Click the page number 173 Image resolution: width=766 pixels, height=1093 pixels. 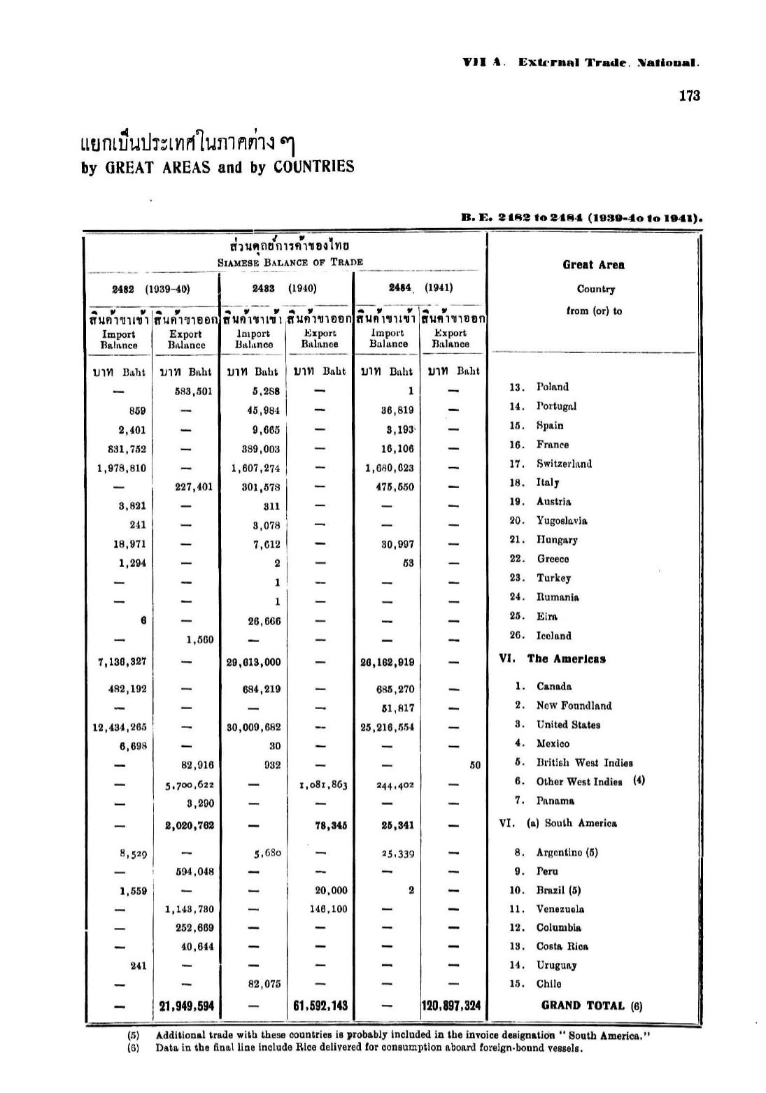pyautogui.click(x=688, y=96)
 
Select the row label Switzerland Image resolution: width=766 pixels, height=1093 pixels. pyautogui.click(x=564, y=464)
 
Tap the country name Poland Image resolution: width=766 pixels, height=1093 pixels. pyautogui.click(x=552, y=387)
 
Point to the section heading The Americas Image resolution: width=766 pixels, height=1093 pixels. pyautogui.click(x=566, y=659)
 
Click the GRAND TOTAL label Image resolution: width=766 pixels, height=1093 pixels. pyautogui.click(x=583, y=1006)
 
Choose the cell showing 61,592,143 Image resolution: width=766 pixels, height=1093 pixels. pyautogui.click(x=319, y=1006)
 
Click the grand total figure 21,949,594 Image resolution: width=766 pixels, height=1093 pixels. pyautogui.click(x=187, y=1006)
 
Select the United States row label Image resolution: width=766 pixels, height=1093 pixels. pyautogui.click(x=568, y=724)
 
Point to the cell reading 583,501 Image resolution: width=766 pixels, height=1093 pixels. pyautogui.click(x=193, y=392)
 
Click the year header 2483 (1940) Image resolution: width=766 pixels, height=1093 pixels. pyautogui.click(x=285, y=288)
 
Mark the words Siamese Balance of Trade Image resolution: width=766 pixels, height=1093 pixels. pyautogui.click(x=290, y=262)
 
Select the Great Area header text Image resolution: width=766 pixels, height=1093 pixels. pyautogui.click(x=593, y=264)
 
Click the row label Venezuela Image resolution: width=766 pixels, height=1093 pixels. pyautogui.click(x=560, y=909)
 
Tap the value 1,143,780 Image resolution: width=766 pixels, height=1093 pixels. pyautogui.click(x=189, y=909)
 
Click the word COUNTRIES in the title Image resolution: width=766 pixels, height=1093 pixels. pyautogui.click(x=313, y=167)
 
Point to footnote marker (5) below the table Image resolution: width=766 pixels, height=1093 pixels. pyautogui.click(x=133, y=1035)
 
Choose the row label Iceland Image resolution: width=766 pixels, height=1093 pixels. pyautogui.click(x=553, y=636)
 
